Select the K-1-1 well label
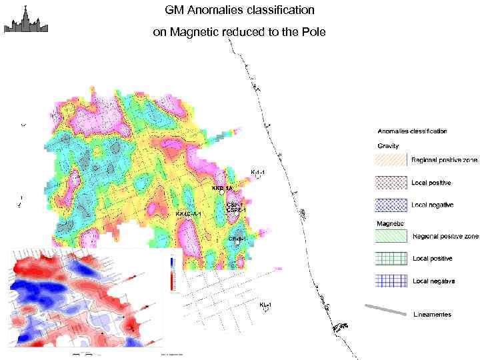[x=258, y=173]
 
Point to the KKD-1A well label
[x=222, y=189]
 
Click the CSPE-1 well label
[x=237, y=210]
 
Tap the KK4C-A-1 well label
[x=189, y=214]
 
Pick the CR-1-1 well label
[x=238, y=238]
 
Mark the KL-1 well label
[x=265, y=305]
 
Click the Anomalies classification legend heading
[x=412, y=131]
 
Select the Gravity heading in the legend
[x=389, y=145]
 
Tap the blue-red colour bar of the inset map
[x=173, y=273]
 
